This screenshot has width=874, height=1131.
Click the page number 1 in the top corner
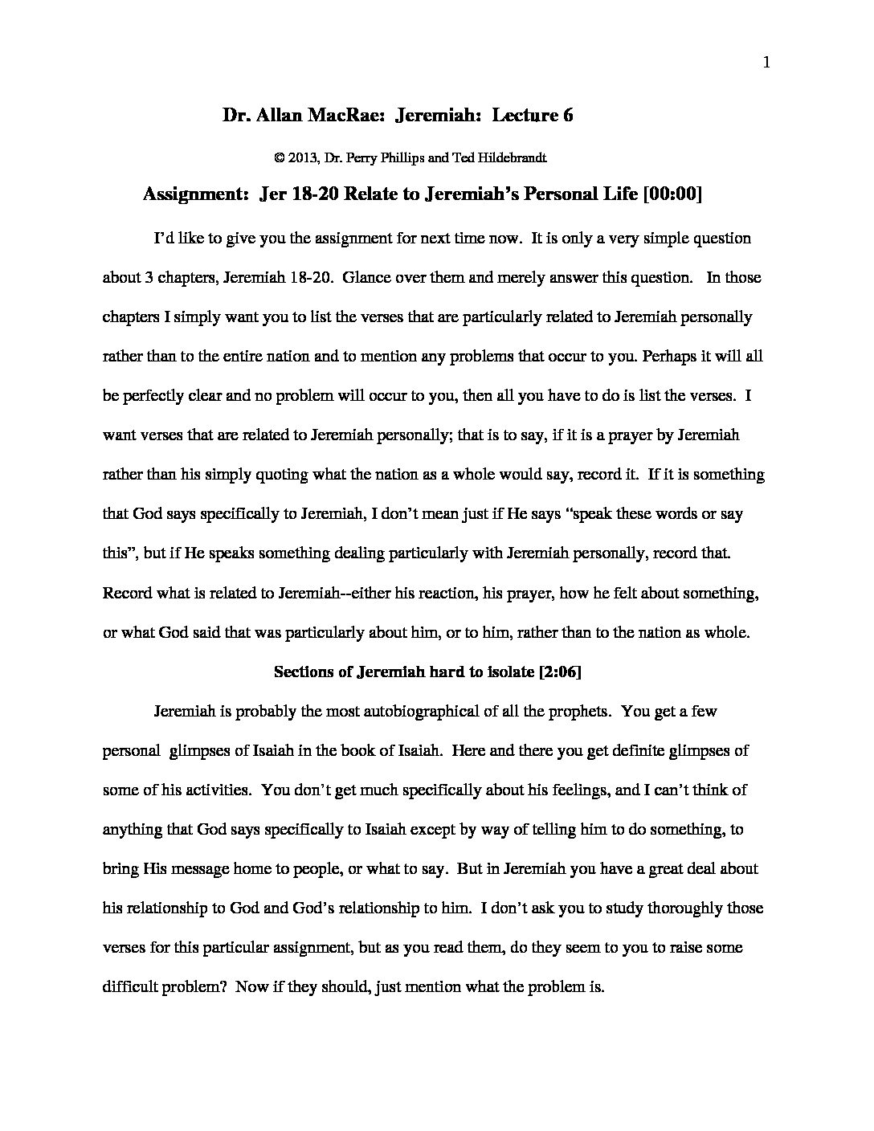click(x=766, y=63)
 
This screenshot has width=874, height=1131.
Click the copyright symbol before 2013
click(x=280, y=158)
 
